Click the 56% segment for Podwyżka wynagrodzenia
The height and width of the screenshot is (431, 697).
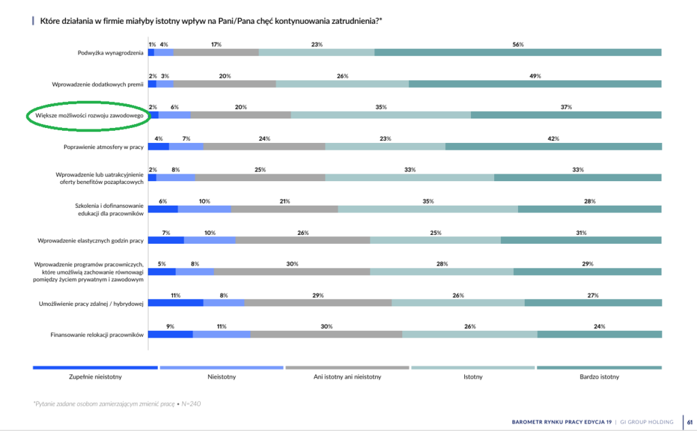tap(517, 52)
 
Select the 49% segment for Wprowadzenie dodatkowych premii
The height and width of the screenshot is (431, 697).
tap(535, 84)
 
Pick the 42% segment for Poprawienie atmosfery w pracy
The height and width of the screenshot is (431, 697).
tap(553, 146)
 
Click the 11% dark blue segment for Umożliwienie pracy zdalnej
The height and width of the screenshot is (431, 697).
tap(176, 303)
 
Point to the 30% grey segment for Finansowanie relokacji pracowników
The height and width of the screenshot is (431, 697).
tap(326, 334)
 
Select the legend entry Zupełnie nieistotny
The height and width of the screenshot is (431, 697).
tap(95, 376)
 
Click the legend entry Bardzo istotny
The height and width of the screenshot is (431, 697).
tap(599, 376)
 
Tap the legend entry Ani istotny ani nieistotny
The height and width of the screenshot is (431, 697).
tap(347, 376)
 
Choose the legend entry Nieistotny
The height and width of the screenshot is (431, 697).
tap(221, 376)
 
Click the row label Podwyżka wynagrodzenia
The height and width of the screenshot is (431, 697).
tap(110, 53)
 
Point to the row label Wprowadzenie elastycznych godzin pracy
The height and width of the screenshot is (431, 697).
tap(91, 240)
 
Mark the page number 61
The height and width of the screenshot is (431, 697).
tap(689, 421)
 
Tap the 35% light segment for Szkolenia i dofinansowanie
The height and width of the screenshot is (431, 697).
tap(427, 209)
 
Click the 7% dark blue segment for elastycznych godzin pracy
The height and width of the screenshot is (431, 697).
tap(165, 240)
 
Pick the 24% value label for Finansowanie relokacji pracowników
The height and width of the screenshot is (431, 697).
tap(599, 326)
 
